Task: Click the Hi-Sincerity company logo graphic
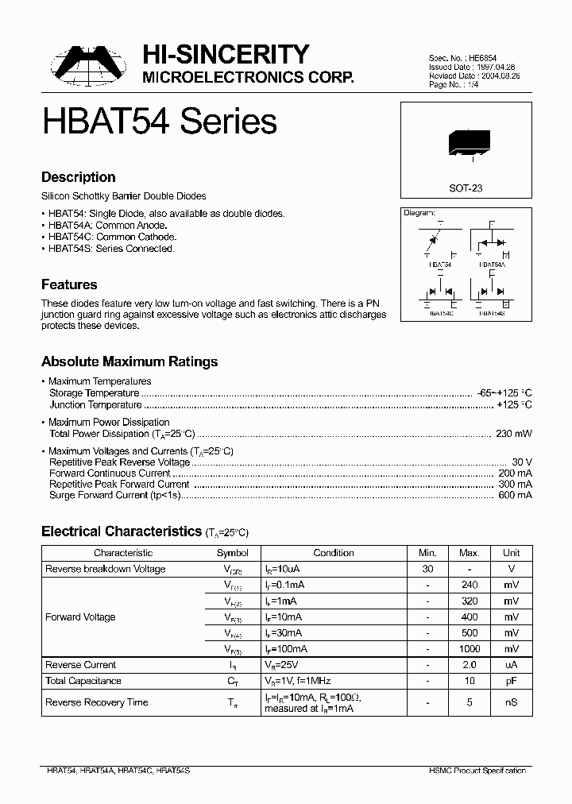[86, 64]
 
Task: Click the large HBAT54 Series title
[159, 121]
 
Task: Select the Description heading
[78, 177]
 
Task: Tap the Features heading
[69, 284]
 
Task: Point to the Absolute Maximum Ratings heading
[129, 361]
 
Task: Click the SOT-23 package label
[466, 189]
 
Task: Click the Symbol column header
[233, 553]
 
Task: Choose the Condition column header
[334, 553]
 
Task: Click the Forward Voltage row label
[80, 617]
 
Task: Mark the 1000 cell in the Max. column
[469, 649]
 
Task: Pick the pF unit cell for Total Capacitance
[511, 681]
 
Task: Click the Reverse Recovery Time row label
[97, 702]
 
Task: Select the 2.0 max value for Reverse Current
[469, 665]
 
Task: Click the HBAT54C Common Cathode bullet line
[109, 237]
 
